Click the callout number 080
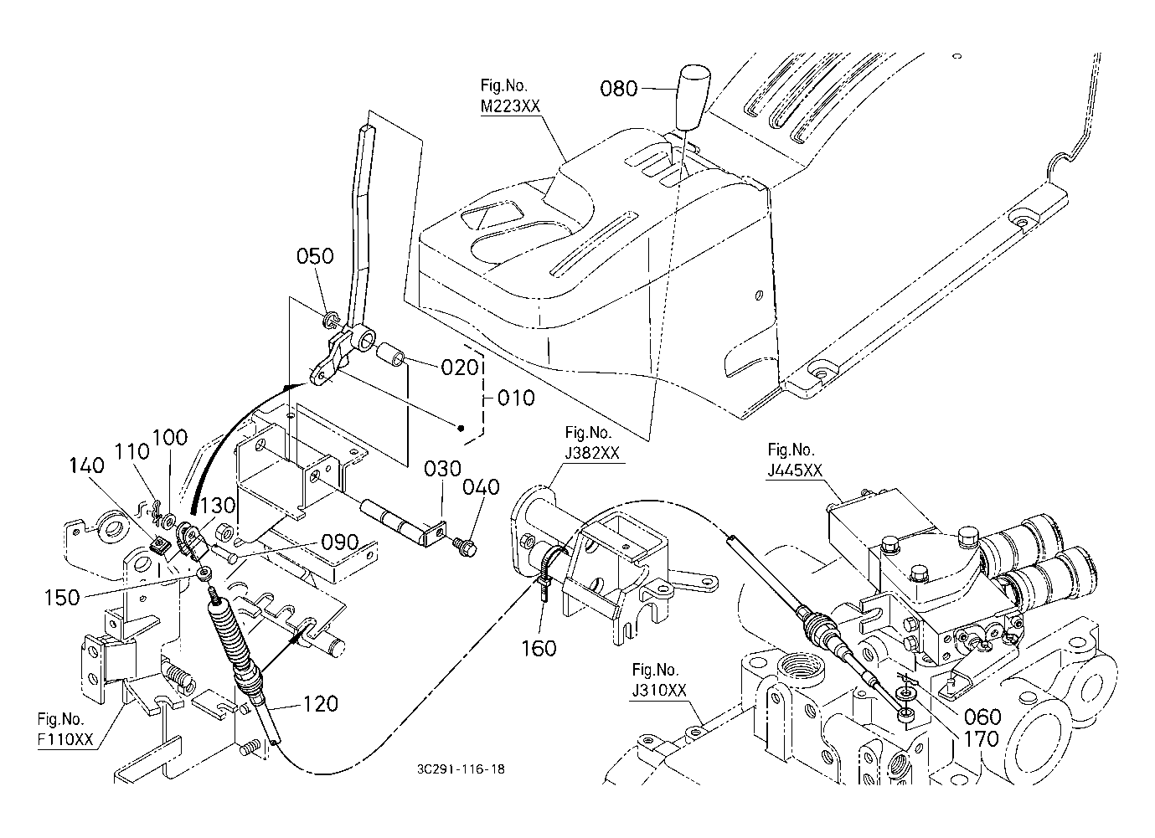tap(618, 89)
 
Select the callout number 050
tap(315, 256)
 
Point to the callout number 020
tap(460, 368)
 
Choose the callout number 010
tap(516, 398)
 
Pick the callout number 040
tap(481, 487)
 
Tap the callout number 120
tap(320, 703)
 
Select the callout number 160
tap(539, 648)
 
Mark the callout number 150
tap(62, 598)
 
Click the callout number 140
tap(86, 466)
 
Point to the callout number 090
tap(340, 542)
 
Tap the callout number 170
tap(982, 739)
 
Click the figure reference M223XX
tap(510, 106)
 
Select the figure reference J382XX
tap(592, 453)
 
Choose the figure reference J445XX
tap(795, 470)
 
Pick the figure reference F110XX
tap(65, 739)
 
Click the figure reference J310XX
tap(659, 690)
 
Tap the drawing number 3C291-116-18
tap(461, 769)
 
